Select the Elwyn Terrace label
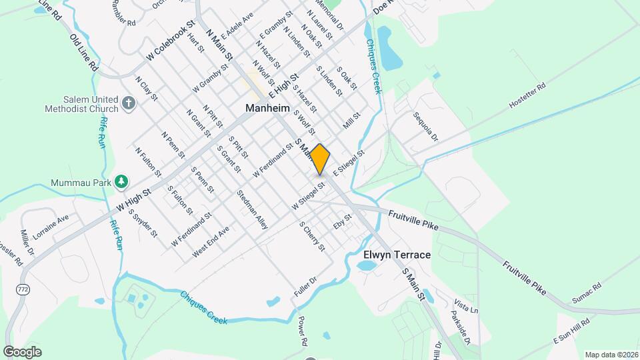pyautogui.click(x=397, y=255)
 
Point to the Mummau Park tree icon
pyautogui.click(x=121, y=181)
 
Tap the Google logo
pyautogui.click(x=22, y=351)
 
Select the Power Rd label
pyautogui.click(x=303, y=330)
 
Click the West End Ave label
pyautogui.click(x=210, y=241)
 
